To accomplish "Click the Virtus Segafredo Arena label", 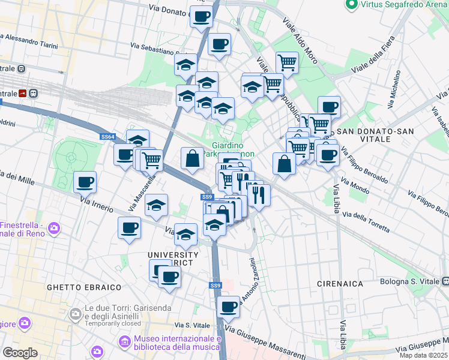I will coord(404,4).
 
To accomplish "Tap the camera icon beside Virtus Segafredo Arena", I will coord(352,4).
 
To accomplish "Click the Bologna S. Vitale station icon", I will coord(445,281).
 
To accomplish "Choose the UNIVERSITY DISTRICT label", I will coord(173,259).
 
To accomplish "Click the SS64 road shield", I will coord(107,137).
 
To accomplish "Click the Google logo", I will coord(20,353).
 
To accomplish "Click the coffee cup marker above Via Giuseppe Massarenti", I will coord(228,307).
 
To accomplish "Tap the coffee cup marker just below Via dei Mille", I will coord(85,181).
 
